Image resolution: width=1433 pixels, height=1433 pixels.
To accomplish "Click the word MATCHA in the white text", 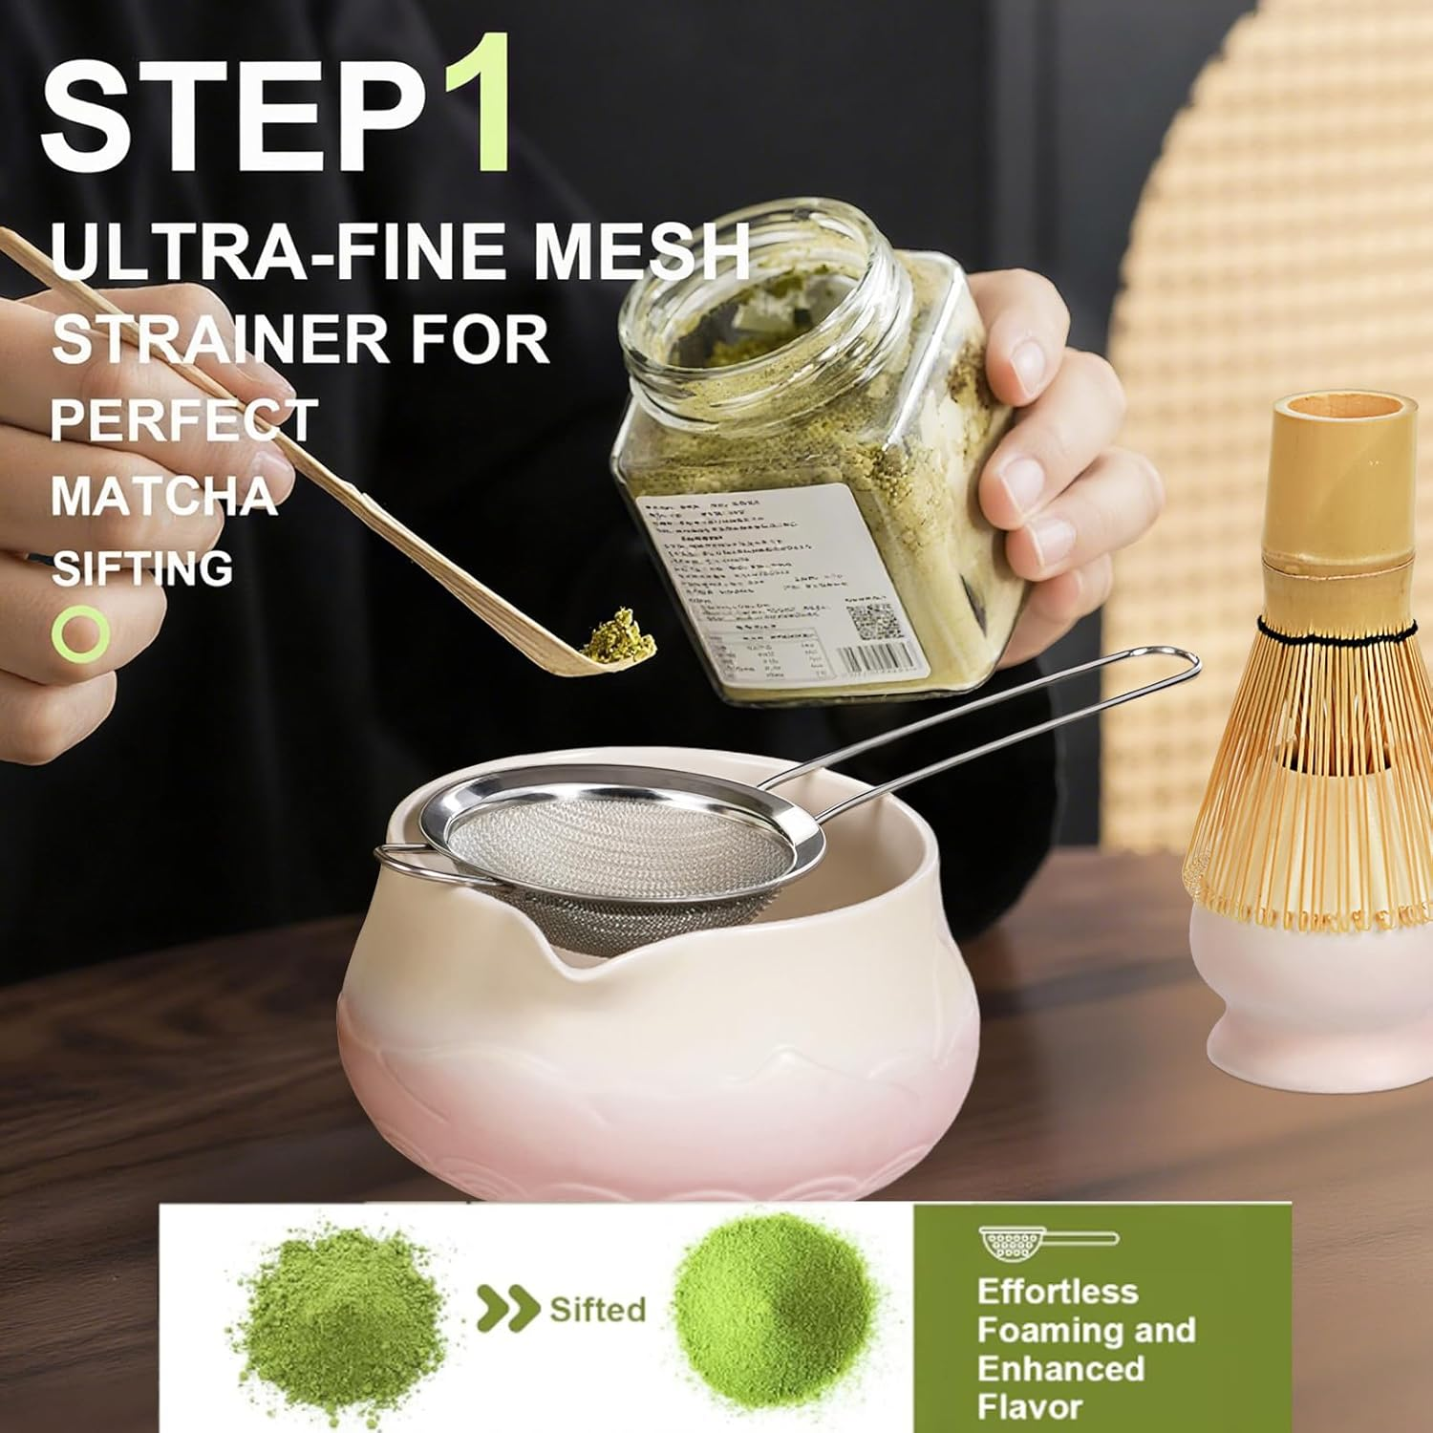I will pyautogui.click(x=162, y=496).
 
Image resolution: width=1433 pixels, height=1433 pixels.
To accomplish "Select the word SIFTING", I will pyautogui.click(x=141, y=568).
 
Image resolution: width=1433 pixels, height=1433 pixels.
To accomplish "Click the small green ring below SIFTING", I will pyautogui.click(x=80, y=632).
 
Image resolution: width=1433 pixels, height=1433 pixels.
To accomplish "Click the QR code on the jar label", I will pyautogui.click(x=871, y=622).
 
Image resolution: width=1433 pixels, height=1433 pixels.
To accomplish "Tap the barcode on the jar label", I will pyautogui.click(x=884, y=659).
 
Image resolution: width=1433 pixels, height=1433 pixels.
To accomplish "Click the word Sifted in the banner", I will pyautogui.click(x=597, y=1308).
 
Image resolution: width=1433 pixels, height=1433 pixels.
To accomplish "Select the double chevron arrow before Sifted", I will pyautogui.click(x=506, y=1308).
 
